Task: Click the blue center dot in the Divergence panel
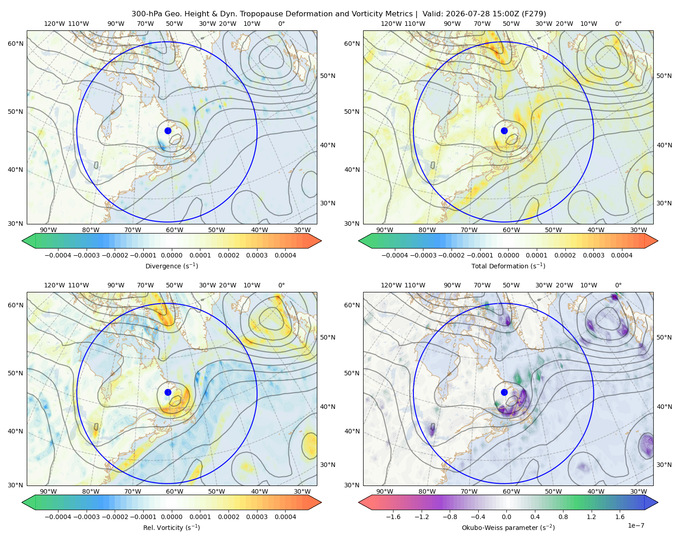(x=168, y=131)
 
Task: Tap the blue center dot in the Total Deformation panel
(x=504, y=131)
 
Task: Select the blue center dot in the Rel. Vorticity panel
(x=168, y=392)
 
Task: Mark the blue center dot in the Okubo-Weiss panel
(x=504, y=392)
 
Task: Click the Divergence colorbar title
(x=171, y=266)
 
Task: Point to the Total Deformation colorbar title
(x=508, y=266)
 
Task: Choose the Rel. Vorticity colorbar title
(x=171, y=528)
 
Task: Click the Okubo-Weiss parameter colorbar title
(x=508, y=528)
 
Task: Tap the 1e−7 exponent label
(x=636, y=525)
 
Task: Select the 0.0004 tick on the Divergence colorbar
(x=285, y=255)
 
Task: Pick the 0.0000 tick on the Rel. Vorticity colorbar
(x=171, y=517)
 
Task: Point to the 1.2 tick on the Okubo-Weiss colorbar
(x=591, y=517)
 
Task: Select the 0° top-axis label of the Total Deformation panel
(x=618, y=24)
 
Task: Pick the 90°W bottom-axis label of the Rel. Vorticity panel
(x=49, y=491)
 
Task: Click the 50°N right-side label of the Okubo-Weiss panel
(x=664, y=337)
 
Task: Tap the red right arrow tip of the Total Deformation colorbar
(x=658, y=241)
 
